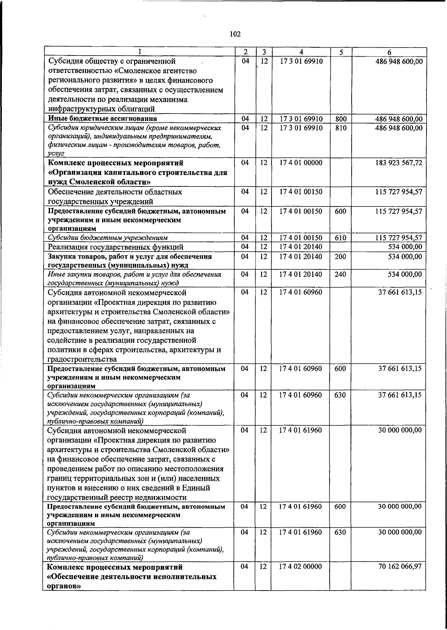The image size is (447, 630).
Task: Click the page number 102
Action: (235, 35)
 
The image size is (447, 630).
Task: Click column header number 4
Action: (301, 52)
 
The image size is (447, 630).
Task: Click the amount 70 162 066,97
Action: (400, 567)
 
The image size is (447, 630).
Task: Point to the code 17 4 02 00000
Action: (300, 567)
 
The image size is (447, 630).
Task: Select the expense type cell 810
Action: (340, 128)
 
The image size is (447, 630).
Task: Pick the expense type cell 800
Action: (340, 119)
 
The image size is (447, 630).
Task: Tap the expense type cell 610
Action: (340, 238)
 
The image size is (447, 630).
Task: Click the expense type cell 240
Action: (340, 275)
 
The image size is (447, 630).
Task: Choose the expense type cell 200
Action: (340, 257)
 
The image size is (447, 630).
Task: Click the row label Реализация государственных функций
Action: (115, 247)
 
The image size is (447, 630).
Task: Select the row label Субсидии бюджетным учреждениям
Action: (107, 238)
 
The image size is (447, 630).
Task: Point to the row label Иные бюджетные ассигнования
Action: (102, 119)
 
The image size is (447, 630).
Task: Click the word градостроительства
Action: (82, 359)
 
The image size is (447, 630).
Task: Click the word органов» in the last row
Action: (64, 586)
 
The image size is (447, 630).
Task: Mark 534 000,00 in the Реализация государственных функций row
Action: (405, 247)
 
